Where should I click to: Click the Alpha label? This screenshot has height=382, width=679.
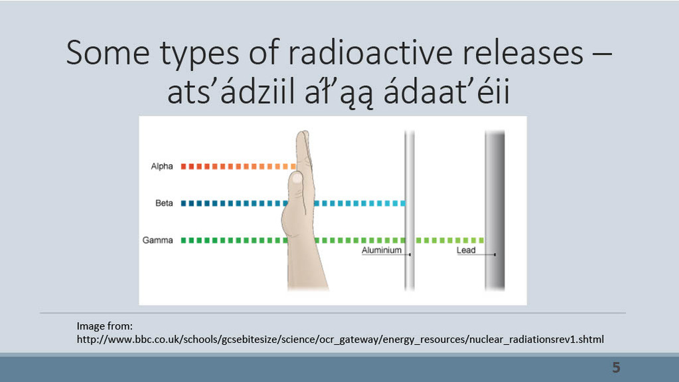tap(162, 167)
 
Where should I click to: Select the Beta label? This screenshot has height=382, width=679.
tap(164, 203)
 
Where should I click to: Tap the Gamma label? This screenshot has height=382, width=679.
tap(157, 240)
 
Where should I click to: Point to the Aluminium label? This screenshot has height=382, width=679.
tap(382, 250)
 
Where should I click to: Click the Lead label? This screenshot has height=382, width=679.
tap(466, 250)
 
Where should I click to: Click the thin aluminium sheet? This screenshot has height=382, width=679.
tap(410, 211)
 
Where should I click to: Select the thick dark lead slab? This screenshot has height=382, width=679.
tap(495, 211)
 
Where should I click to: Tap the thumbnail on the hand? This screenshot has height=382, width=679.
tap(297, 178)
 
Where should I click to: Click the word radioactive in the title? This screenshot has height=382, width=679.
tap(370, 53)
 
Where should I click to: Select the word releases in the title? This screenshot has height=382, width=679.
tap(522, 54)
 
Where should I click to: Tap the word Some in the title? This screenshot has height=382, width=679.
tap(108, 53)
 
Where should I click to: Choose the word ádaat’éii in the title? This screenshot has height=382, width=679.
tap(447, 92)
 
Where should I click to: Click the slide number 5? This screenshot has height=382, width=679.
tap(616, 367)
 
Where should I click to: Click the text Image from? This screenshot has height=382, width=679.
tap(105, 326)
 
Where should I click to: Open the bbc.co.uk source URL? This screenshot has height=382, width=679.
tap(340, 339)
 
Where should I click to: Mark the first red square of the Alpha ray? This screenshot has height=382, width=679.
tap(183, 167)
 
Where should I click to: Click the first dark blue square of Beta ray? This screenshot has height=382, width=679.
tap(183, 203)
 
